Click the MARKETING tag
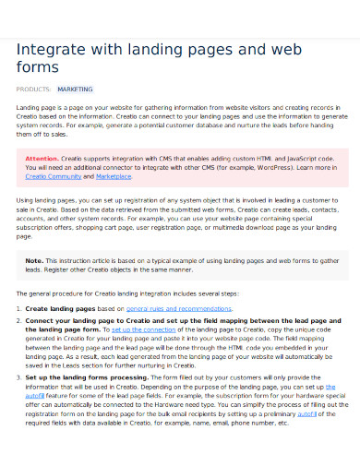tap(75, 90)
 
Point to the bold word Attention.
tap(42, 159)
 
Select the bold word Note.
tap(34, 261)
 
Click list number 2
tap(19, 319)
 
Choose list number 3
tap(19, 377)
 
